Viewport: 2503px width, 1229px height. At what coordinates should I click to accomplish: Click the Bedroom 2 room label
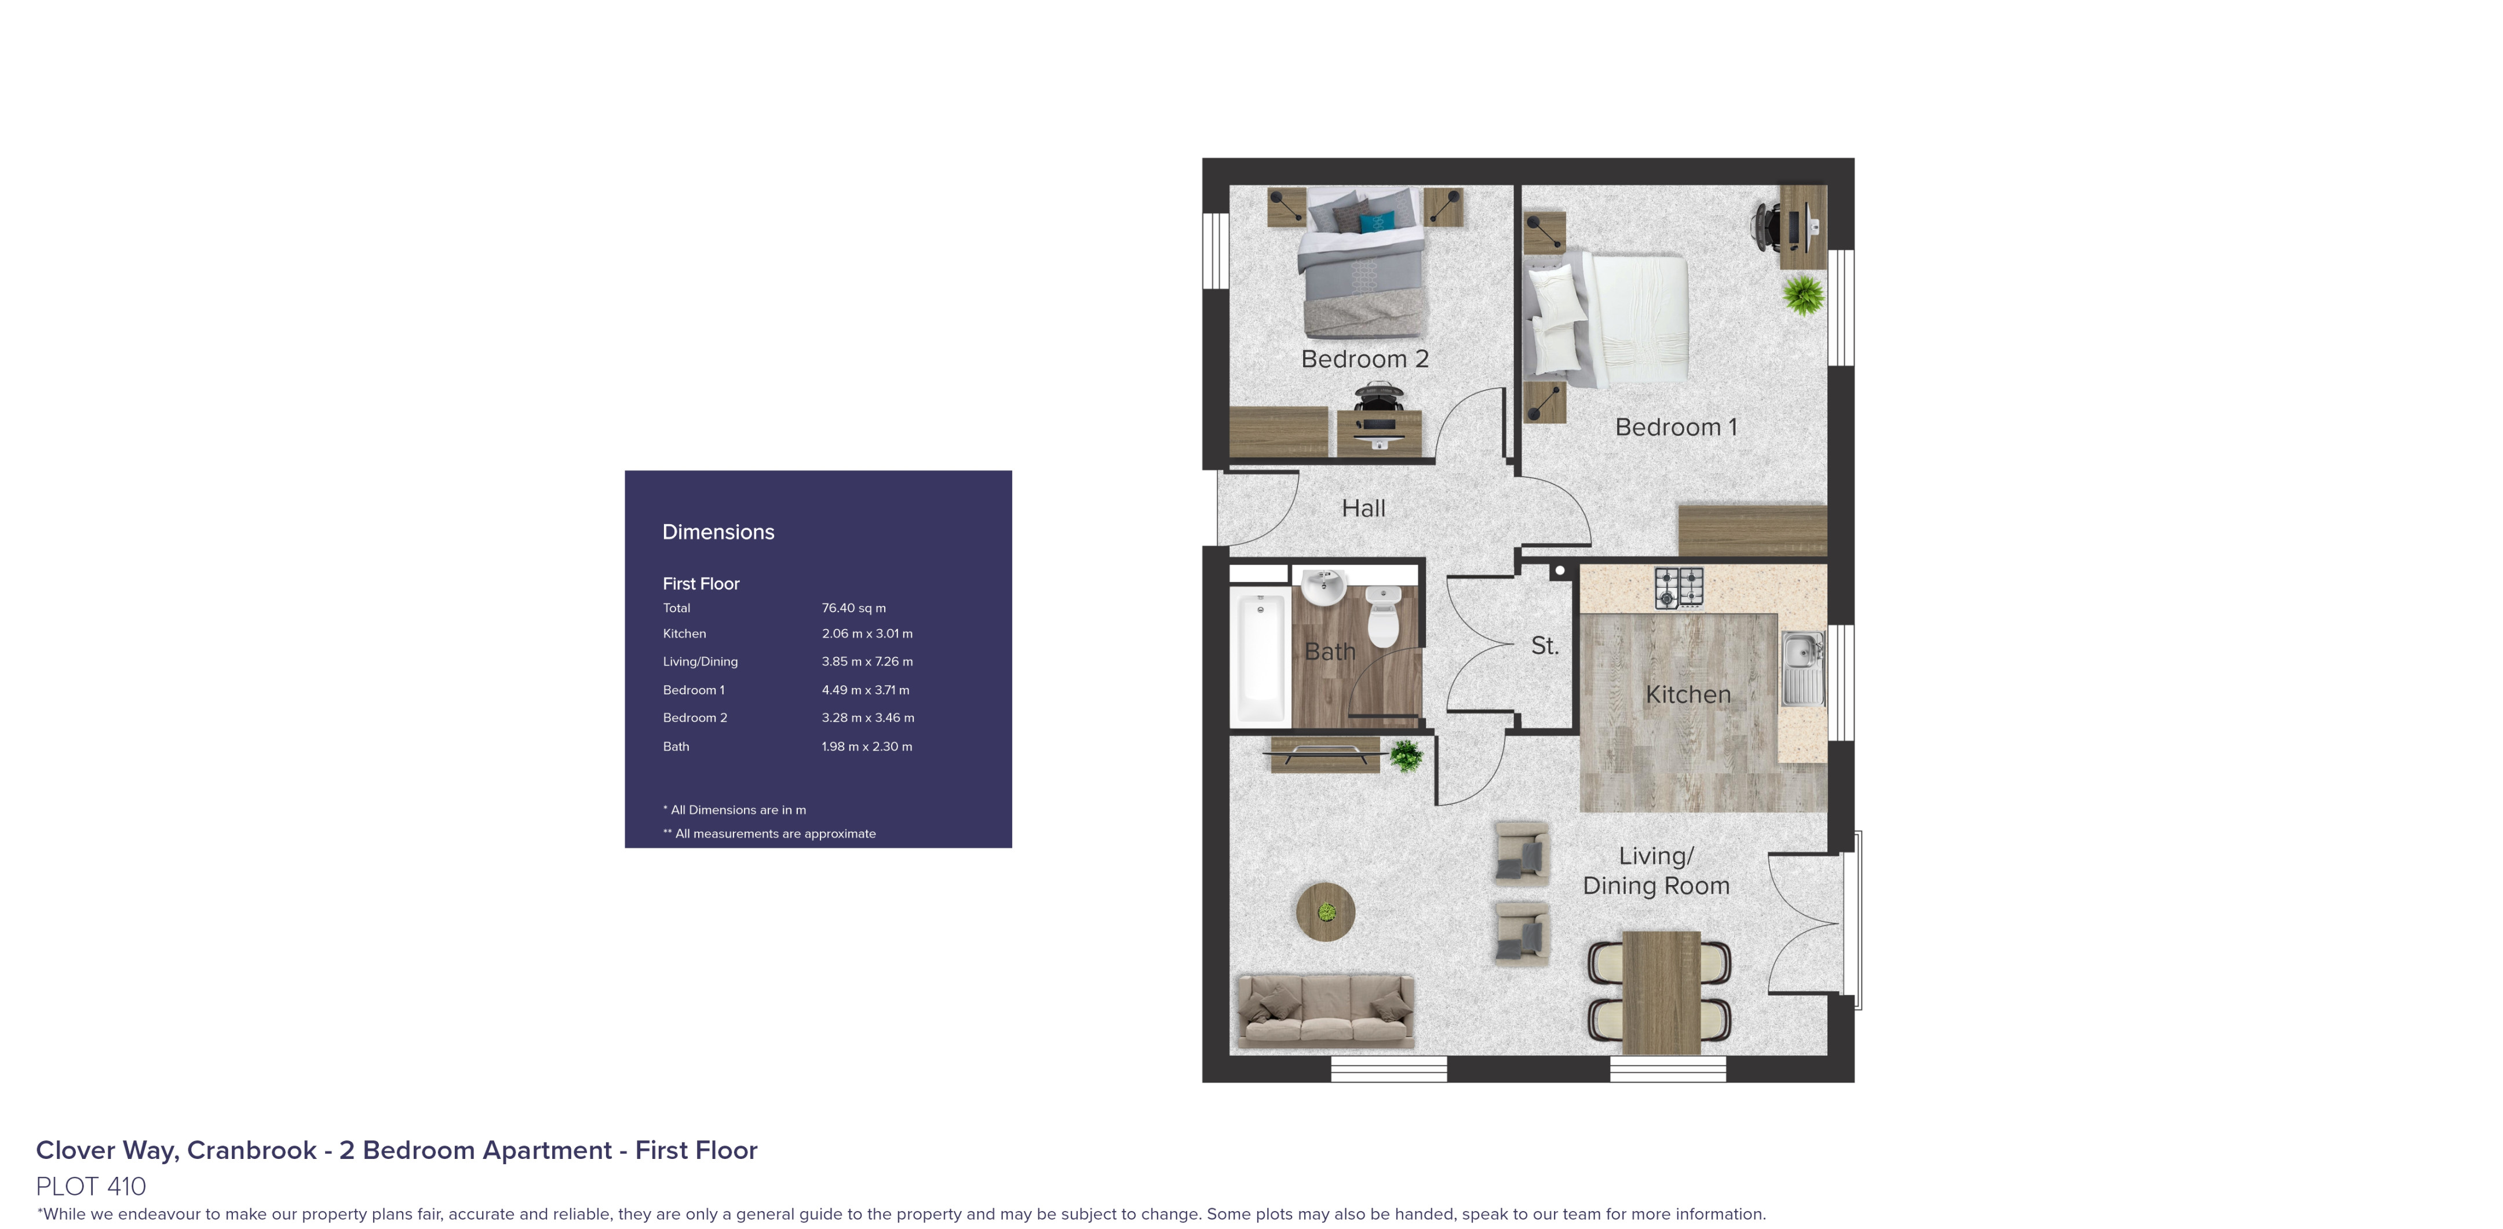[x=1364, y=360]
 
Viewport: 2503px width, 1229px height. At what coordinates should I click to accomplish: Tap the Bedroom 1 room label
[x=1675, y=427]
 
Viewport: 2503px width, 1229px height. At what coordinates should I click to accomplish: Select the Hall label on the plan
[x=1363, y=508]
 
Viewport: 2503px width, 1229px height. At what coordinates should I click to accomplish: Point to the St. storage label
[x=1544, y=646]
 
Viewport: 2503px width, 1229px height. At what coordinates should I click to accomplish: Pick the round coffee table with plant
[x=1325, y=911]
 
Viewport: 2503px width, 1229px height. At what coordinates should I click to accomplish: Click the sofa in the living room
[x=1325, y=1011]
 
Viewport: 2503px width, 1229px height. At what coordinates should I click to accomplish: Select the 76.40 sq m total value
[x=853, y=608]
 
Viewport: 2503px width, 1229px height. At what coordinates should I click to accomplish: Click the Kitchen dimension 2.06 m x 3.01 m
[x=867, y=634]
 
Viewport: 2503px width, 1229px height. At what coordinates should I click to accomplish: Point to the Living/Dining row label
[x=699, y=661]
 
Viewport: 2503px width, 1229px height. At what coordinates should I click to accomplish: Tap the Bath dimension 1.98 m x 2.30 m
[x=867, y=746]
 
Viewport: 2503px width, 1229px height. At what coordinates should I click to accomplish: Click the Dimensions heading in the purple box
[x=718, y=532]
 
